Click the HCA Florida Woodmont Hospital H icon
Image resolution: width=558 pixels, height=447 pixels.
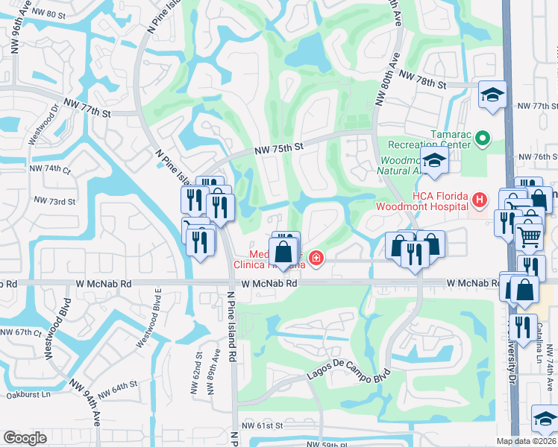click(x=479, y=200)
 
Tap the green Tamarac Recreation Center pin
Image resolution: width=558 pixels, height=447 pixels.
click(x=482, y=138)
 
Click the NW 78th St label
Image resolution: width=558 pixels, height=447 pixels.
click(x=421, y=80)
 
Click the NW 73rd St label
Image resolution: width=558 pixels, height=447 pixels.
click(x=54, y=202)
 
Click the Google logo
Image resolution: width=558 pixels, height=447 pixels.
click(x=25, y=437)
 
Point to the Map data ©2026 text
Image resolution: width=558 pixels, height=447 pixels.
click(x=527, y=441)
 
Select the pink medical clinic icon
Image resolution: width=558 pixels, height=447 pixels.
click(x=316, y=259)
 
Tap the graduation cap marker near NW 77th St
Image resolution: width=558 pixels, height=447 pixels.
click(x=492, y=95)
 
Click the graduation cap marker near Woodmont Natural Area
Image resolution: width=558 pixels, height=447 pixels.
click(x=433, y=159)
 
